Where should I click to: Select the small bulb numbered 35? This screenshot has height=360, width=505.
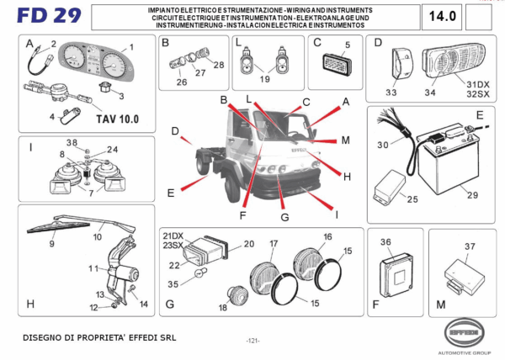point(198,273)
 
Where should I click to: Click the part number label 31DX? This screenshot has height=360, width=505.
point(476,84)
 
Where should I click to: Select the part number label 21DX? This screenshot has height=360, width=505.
point(173,235)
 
